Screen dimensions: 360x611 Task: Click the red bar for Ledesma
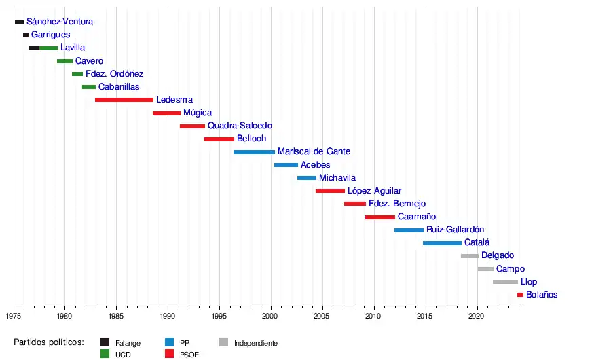[124, 100]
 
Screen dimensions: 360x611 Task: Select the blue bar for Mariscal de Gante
[254, 152]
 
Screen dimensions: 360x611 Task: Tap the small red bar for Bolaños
[520, 295]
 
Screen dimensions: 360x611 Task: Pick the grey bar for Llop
[505, 282]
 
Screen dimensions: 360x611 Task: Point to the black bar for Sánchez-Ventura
[19, 22]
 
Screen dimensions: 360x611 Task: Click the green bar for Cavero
[64, 61]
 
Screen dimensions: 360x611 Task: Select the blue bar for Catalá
[442, 243]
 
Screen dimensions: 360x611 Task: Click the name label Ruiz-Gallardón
[455, 230]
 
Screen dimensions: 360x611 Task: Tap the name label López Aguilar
[374, 191]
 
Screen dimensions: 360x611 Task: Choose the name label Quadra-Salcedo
[240, 126]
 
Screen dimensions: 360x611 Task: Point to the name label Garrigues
[50, 35]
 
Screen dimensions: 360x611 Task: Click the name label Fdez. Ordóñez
[114, 74]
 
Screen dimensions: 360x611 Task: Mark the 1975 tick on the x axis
[14, 316]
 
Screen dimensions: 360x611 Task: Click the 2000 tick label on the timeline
[271, 316]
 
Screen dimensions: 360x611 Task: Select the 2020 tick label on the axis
[477, 316]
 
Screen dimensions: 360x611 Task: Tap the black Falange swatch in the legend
[105, 342]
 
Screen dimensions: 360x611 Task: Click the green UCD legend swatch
[105, 354]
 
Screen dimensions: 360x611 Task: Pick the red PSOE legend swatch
[169, 354]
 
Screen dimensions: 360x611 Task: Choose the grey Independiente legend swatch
[223, 342]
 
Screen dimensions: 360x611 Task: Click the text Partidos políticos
[48, 342]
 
